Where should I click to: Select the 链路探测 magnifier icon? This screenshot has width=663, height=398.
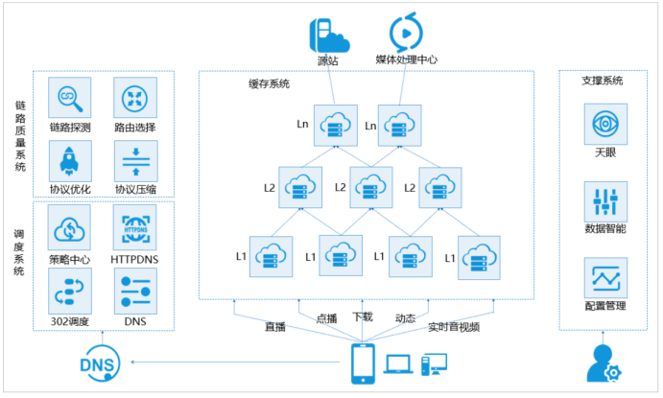pos(69,99)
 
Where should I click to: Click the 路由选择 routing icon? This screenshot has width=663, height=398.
pos(134,99)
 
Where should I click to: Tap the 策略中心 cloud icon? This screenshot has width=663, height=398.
pos(69,226)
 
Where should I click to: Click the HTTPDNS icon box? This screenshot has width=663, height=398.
pos(134,226)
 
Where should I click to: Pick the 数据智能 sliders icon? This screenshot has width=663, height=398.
pos(605,201)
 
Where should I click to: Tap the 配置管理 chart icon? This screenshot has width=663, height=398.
pos(605,278)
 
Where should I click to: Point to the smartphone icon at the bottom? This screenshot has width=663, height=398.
pos(363,363)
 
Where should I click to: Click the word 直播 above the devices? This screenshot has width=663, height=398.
pos(276,327)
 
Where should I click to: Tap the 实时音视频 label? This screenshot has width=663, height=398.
pos(454,327)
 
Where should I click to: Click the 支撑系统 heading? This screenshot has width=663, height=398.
pos(603,82)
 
